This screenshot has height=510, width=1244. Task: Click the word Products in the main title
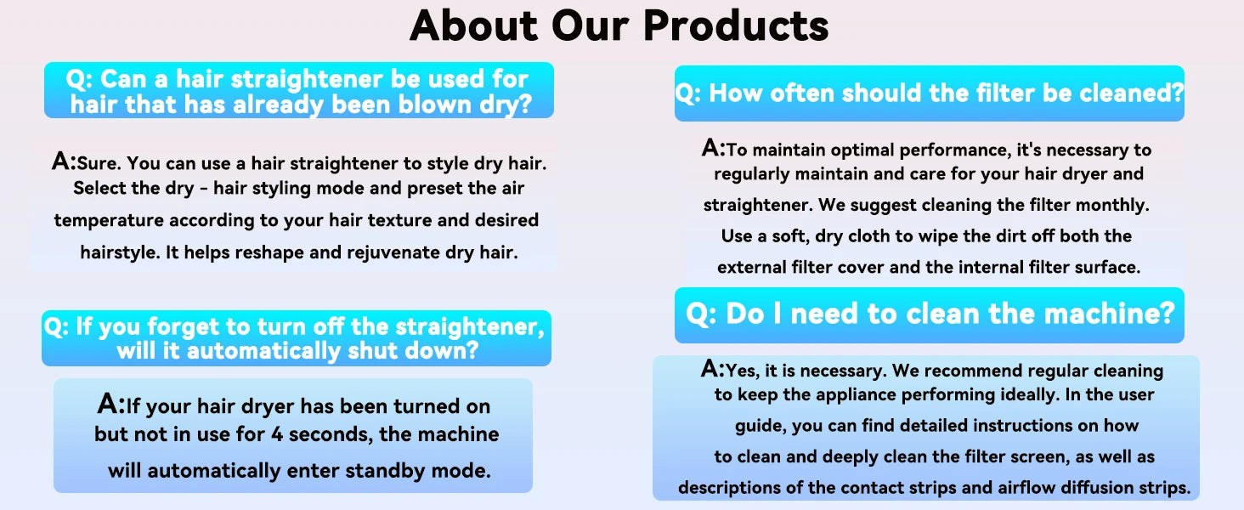coord(736,26)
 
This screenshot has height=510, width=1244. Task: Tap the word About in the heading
coord(473,26)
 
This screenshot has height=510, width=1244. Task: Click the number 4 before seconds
coord(277,434)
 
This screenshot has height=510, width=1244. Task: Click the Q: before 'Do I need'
coord(702,314)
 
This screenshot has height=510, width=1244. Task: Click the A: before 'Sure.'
coord(64,161)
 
